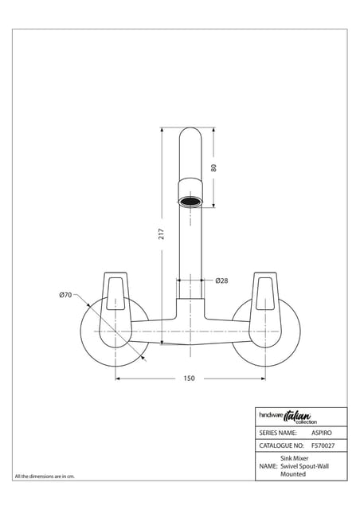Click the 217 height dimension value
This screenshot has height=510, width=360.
point(162,234)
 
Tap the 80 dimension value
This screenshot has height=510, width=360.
point(213,168)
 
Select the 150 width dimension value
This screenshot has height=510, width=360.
point(189,379)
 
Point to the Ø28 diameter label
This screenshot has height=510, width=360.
point(221,280)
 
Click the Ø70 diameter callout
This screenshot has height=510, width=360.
point(65,295)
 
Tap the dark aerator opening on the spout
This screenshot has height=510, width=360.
point(190,202)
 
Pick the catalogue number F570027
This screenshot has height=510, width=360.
point(323,445)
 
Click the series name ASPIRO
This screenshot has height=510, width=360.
point(322,433)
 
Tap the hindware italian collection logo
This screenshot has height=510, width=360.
point(288,418)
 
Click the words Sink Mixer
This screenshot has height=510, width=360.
point(295,458)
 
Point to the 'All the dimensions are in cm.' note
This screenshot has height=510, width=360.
point(45,477)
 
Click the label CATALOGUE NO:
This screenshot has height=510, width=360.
point(281,445)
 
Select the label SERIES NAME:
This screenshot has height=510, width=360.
point(278,433)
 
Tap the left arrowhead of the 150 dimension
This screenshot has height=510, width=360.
point(119,379)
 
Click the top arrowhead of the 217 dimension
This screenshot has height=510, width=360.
point(162,130)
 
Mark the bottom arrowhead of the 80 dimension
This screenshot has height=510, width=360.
point(213,205)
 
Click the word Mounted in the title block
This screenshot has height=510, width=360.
point(293,474)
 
